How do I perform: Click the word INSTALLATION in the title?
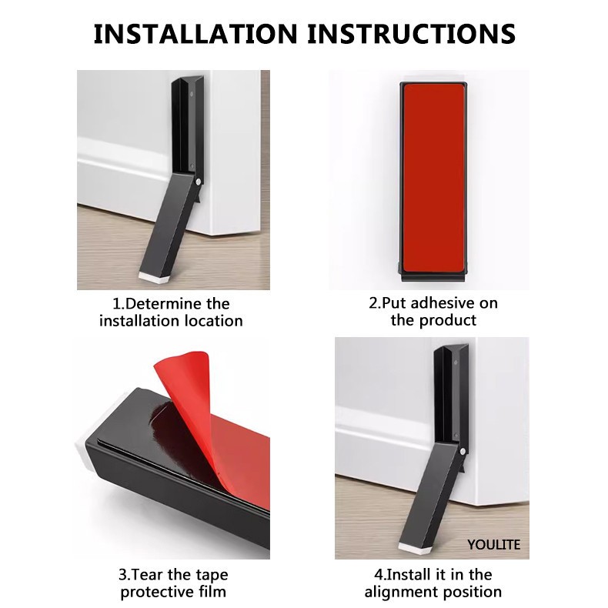click(x=195, y=33)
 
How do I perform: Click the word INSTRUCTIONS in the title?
click(x=412, y=33)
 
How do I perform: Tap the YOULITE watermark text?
click(x=493, y=545)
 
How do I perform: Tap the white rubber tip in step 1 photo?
click(x=153, y=276)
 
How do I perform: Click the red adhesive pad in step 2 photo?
click(x=433, y=178)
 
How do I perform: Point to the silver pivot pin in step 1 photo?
click(x=199, y=182)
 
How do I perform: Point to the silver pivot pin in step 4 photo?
click(x=463, y=451)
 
